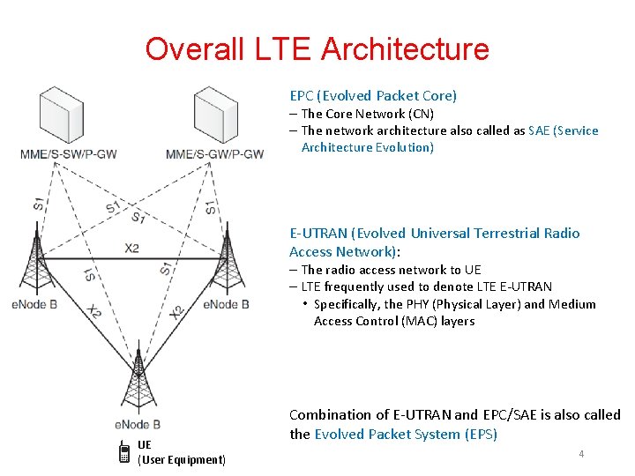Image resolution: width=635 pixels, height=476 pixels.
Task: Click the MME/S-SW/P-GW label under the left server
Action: (x=69, y=155)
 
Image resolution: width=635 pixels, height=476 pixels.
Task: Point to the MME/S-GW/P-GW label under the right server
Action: (x=215, y=155)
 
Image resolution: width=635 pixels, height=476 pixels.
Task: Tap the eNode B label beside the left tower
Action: (x=34, y=304)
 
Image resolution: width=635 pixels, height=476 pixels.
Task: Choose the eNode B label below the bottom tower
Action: (x=138, y=424)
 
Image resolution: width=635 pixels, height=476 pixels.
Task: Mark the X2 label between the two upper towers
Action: (x=131, y=249)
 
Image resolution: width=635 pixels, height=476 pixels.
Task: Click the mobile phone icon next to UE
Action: (x=124, y=453)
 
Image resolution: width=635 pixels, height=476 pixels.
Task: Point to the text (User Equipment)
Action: (x=182, y=459)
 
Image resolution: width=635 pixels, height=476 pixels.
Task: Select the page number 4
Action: (x=581, y=453)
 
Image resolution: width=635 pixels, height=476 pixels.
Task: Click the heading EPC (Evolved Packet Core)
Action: (x=373, y=95)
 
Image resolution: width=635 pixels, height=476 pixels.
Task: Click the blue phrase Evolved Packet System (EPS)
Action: (x=406, y=434)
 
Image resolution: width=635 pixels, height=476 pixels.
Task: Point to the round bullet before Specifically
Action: (x=303, y=304)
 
